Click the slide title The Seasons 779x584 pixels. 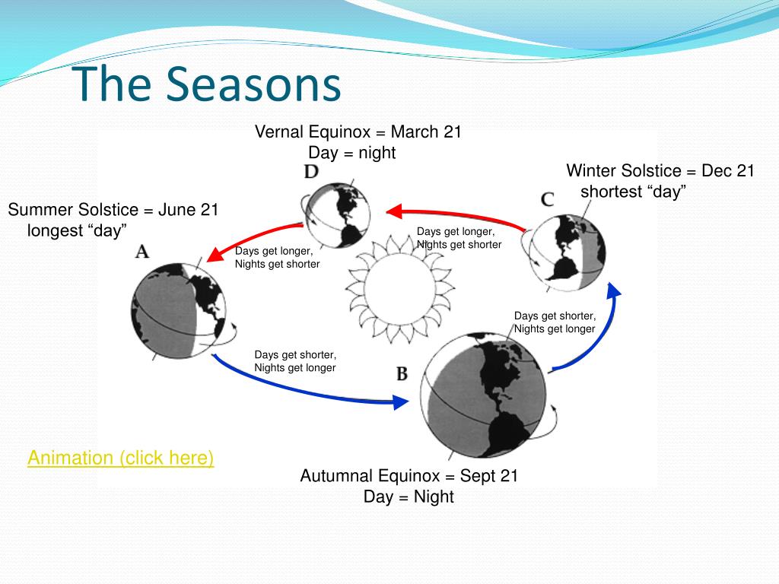(x=207, y=84)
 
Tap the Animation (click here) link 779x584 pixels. (x=121, y=457)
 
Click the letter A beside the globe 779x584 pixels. (x=142, y=251)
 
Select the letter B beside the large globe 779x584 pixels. (x=402, y=373)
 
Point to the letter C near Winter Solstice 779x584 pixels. (x=548, y=200)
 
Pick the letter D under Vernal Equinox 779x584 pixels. (x=311, y=172)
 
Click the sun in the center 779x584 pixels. (x=400, y=290)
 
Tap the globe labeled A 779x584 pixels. (x=178, y=311)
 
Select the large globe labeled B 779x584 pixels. (x=483, y=395)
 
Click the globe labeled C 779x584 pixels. (x=568, y=252)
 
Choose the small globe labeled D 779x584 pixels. (x=338, y=215)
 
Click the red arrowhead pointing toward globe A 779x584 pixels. (x=216, y=253)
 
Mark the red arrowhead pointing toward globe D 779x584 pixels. (x=394, y=212)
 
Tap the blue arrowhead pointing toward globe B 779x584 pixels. (x=401, y=401)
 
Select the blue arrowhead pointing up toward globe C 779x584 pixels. (x=614, y=290)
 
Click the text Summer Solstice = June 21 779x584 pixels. (x=113, y=210)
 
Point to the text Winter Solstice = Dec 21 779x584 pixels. (x=660, y=171)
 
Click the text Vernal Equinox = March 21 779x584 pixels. (x=358, y=132)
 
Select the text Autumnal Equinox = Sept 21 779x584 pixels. (x=409, y=476)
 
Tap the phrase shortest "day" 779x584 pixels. (x=634, y=192)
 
